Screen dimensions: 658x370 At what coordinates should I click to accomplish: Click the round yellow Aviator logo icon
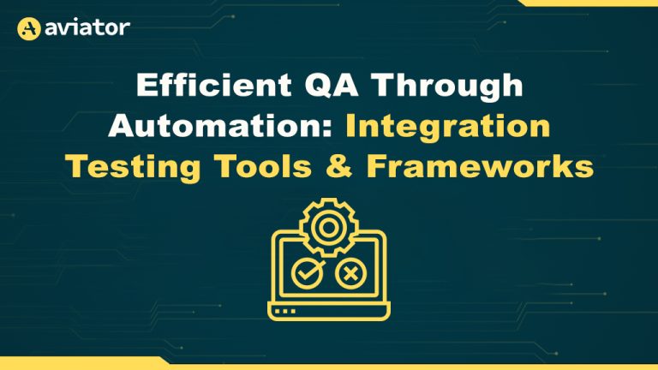(x=28, y=28)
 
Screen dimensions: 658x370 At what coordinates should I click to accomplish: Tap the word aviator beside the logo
(x=87, y=28)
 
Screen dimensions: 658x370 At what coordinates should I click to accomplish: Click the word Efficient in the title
(x=214, y=85)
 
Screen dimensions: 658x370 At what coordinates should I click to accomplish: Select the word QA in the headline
(x=332, y=86)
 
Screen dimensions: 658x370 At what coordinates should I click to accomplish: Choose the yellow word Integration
(x=448, y=128)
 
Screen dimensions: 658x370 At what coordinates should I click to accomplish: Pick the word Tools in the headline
(x=263, y=166)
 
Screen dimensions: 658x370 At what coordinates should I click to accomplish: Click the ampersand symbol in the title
(x=338, y=166)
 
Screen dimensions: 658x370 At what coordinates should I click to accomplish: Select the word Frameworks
(x=480, y=166)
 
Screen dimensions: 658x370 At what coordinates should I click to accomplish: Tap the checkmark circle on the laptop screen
(x=308, y=273)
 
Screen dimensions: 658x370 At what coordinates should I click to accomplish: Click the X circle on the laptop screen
(x=350, y=274)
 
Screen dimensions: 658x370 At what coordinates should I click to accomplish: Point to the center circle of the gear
(x=329, y=228)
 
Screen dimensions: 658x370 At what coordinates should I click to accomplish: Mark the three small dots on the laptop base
(x=285, y=311)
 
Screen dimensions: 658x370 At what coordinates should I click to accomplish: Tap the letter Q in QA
(x=317, y=86)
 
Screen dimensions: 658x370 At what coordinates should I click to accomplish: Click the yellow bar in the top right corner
(x=588, y=3)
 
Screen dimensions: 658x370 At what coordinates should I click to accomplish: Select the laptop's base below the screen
(x=329, y=311)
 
